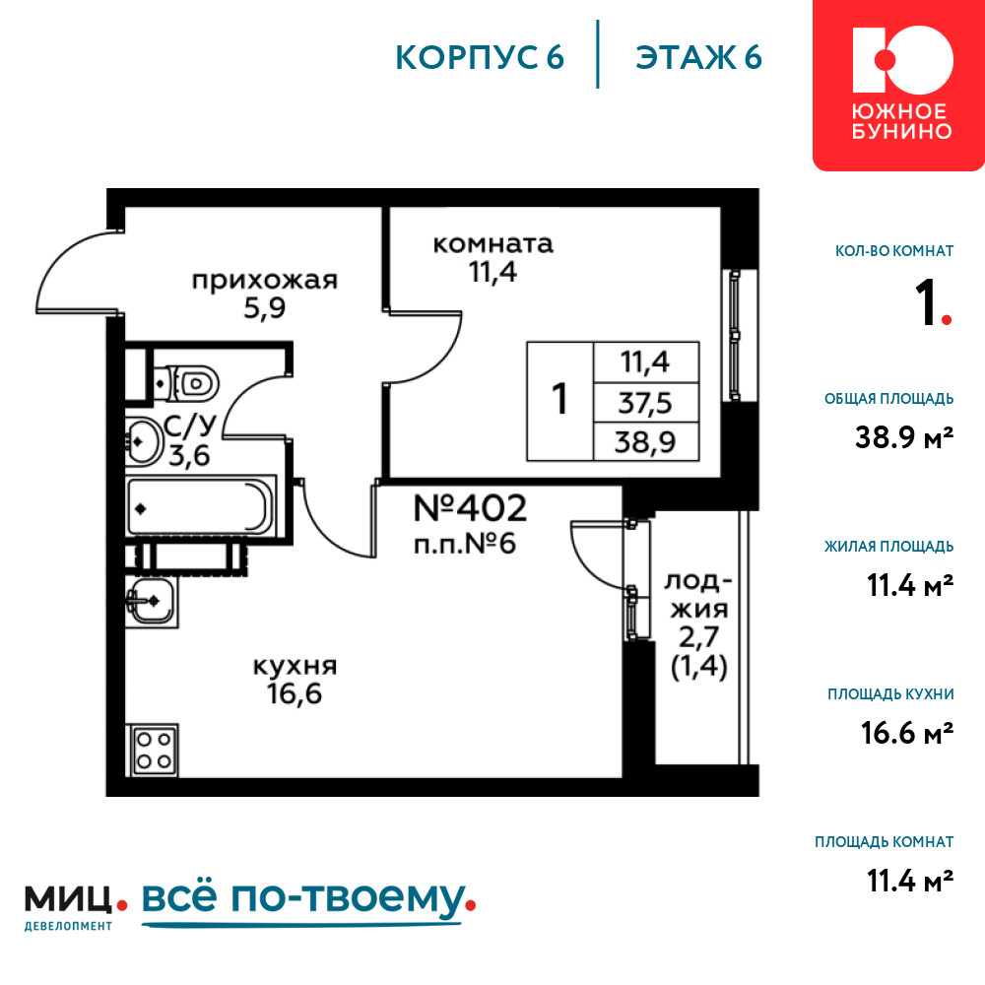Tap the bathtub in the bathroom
(200, 507)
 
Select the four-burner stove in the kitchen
(154, 750)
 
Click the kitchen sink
(152, 601)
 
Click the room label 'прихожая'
(264, 280)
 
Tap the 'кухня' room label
(295, 666)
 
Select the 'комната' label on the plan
(493, 243)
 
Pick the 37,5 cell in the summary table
(646, 402)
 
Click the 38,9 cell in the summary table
(646, 441)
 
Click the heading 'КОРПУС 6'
(480, 57)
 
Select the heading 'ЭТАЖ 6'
(698, 57)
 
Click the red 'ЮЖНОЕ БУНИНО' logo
(899, 85)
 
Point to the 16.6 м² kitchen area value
(907, 733)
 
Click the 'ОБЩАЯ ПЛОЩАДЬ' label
(888, 398)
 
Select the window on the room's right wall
(734, 335)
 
